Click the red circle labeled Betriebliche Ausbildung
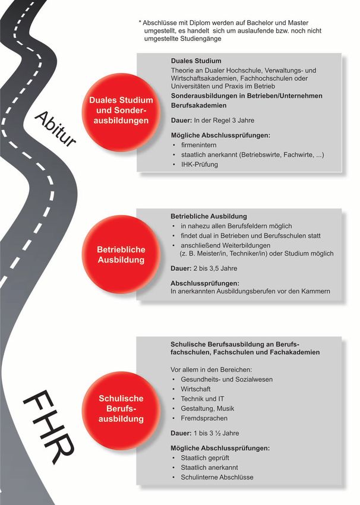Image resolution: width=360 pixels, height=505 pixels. tap(121, 255)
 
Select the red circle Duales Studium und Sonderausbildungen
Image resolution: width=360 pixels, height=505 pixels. tap(121, 110)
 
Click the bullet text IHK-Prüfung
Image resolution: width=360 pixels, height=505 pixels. tap(199, 165)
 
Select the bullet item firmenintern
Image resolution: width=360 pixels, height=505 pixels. tap(199, 145)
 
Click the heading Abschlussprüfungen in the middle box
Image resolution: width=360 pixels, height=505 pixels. tap(204, 283)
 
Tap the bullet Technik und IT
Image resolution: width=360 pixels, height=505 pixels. tap(202, 398)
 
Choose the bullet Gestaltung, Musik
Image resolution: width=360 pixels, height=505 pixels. tap(207, 408)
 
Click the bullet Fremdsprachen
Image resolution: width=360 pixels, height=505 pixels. tap(203, 418)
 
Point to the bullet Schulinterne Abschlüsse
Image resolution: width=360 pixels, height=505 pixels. tap(217, 477)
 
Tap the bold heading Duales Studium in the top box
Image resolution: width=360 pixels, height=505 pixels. tap(195, 61)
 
